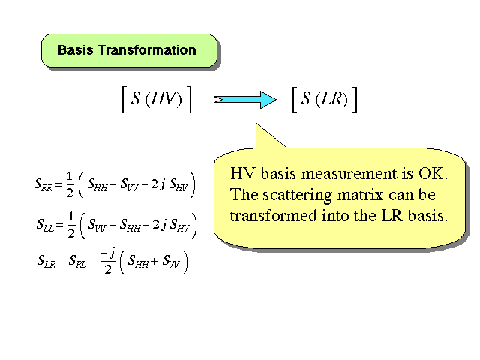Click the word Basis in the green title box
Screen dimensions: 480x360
[x=75, y=50]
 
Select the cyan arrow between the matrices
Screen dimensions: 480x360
[x=245, y=100]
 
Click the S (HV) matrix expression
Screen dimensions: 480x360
[x=157, y=100]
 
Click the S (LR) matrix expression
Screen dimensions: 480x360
[x=325, y=100]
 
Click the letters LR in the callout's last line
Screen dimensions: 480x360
[x=391, y=216]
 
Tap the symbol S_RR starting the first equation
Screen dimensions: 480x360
[x=43, y=184]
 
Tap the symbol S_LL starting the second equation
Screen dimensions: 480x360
[x=45, y=225]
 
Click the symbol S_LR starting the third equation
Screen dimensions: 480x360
[x=46, y=261]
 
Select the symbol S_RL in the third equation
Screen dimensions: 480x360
[x=77, y=261]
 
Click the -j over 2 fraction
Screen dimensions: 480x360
[x=108, y=261]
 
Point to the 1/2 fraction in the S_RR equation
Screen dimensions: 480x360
[x=70, y=184]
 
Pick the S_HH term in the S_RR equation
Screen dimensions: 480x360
[x=97, y=184]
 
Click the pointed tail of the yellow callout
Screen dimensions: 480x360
[x=256, y=123]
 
